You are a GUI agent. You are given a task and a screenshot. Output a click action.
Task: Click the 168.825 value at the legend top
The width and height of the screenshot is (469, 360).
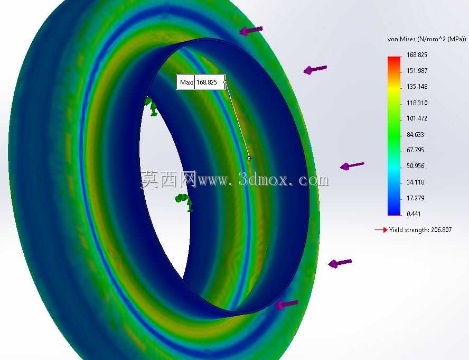click(x=417, y=55)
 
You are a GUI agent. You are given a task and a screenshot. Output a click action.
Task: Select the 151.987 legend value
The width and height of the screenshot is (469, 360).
click(x=417, y=71)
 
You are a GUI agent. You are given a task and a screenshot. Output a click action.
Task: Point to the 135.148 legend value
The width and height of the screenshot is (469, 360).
click(x=417, y=87)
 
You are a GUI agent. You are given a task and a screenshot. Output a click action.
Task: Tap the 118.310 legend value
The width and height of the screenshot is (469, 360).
click(x=417, y=103)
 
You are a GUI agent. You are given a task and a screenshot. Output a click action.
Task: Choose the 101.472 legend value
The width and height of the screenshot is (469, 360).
click(x=417, y=118)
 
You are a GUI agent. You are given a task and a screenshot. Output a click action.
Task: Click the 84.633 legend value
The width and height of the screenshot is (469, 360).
click(x=416, y=134)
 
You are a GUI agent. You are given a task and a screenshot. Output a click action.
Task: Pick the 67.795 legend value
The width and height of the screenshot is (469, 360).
click(x=416, y=150)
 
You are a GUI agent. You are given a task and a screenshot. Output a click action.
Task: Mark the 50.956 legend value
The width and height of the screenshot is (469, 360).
click(x=416, y=165)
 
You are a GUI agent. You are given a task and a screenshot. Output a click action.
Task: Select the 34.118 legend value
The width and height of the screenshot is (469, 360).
click(x=416, y=182)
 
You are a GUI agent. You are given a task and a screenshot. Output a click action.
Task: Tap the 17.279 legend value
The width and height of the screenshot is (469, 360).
click(x=416, y=198)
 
